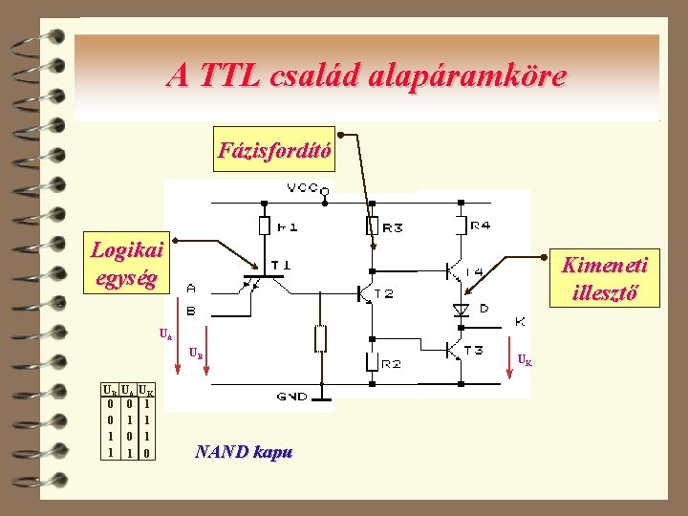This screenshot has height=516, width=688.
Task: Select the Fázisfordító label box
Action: pos(274,150)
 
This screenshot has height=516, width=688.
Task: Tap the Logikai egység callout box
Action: pos(126,265)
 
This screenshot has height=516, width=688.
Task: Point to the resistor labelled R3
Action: pos(372,226)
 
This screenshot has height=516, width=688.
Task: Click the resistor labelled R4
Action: pos(461,226)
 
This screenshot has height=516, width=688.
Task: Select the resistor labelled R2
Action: pos(372,362)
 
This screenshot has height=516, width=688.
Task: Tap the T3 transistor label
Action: pos(472,350)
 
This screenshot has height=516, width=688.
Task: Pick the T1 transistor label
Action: pos(282,264)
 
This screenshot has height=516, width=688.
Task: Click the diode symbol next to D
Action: pos(461,310)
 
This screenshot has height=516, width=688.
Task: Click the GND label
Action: pos(292,396)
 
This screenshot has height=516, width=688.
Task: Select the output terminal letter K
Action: pos(520,320)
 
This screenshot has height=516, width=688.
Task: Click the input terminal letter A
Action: pos(193,288)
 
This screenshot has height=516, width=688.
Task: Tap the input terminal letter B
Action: pos(193,311)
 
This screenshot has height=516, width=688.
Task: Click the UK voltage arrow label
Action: pos(525,360)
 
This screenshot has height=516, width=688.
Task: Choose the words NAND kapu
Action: pos(243,452)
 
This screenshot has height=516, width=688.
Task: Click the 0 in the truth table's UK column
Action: pos(145,453)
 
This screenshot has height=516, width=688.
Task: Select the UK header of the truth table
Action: pos(146,391)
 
